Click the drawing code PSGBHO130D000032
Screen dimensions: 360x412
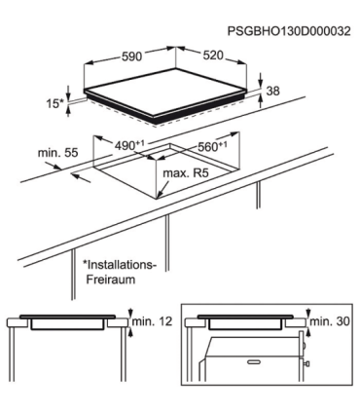point(289,31)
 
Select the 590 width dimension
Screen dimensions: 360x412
point(132,56)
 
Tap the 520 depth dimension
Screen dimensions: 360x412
point(213,56)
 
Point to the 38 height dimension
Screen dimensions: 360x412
point(272,91)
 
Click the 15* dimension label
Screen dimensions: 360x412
point(55,104)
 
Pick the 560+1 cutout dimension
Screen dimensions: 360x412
point(212,146)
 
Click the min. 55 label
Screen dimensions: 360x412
point(58,152)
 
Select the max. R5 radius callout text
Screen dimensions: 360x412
point(186,173)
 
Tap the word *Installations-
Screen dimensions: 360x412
point(120,265)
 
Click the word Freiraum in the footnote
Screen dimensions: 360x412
point(111,280)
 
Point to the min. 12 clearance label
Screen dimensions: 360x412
point(152,321)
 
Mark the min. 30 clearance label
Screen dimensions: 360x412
point(330,321)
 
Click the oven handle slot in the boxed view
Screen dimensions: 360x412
point(254,361)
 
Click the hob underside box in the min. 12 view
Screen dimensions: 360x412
point(68,324)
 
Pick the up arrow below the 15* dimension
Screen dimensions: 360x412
point(68,111)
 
